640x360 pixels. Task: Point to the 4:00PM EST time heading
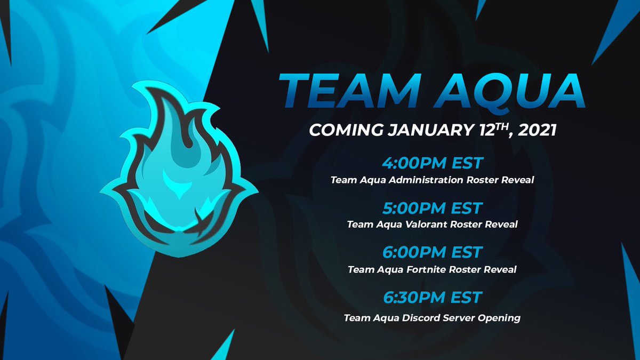pos(432,163)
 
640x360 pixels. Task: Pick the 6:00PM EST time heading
pos(432,252)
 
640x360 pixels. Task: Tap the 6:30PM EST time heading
pos(432,297)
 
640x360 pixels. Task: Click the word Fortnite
pos(420,269)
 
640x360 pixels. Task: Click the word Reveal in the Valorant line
pos(501,225)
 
